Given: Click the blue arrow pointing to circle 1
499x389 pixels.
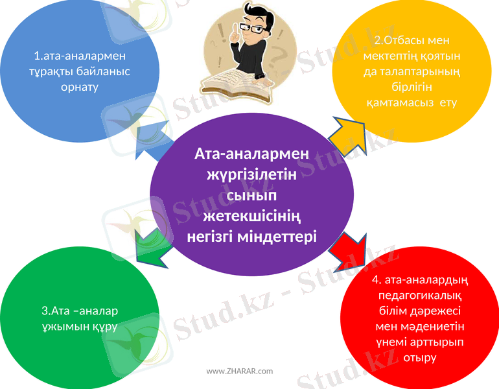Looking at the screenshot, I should point(150,145).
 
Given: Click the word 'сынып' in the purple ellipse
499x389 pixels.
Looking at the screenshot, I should point(251,194).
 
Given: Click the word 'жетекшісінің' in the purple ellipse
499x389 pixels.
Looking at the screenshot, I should point(252,215).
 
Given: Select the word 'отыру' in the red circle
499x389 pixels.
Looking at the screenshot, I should point(419,357).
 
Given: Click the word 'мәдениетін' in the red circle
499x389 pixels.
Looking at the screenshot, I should point(435,326).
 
